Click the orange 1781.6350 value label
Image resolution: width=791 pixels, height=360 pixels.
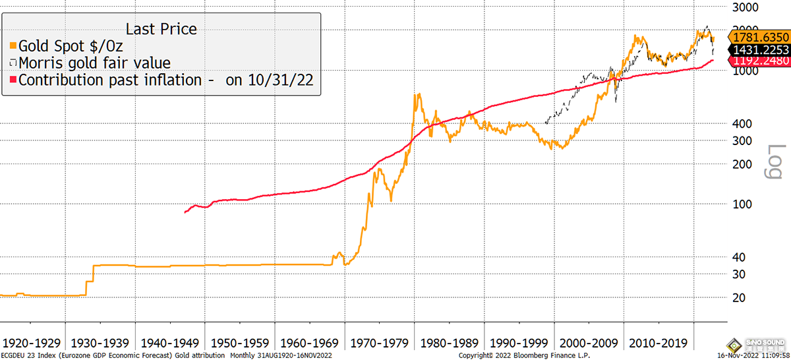(x=759, y=38)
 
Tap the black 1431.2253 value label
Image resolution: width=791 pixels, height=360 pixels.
(x=759, y=50)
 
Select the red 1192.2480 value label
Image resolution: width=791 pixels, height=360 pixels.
(x=759, y=61)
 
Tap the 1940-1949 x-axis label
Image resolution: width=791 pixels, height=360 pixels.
(x=171, y=344)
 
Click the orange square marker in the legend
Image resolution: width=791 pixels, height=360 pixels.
(x=13, y=46)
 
